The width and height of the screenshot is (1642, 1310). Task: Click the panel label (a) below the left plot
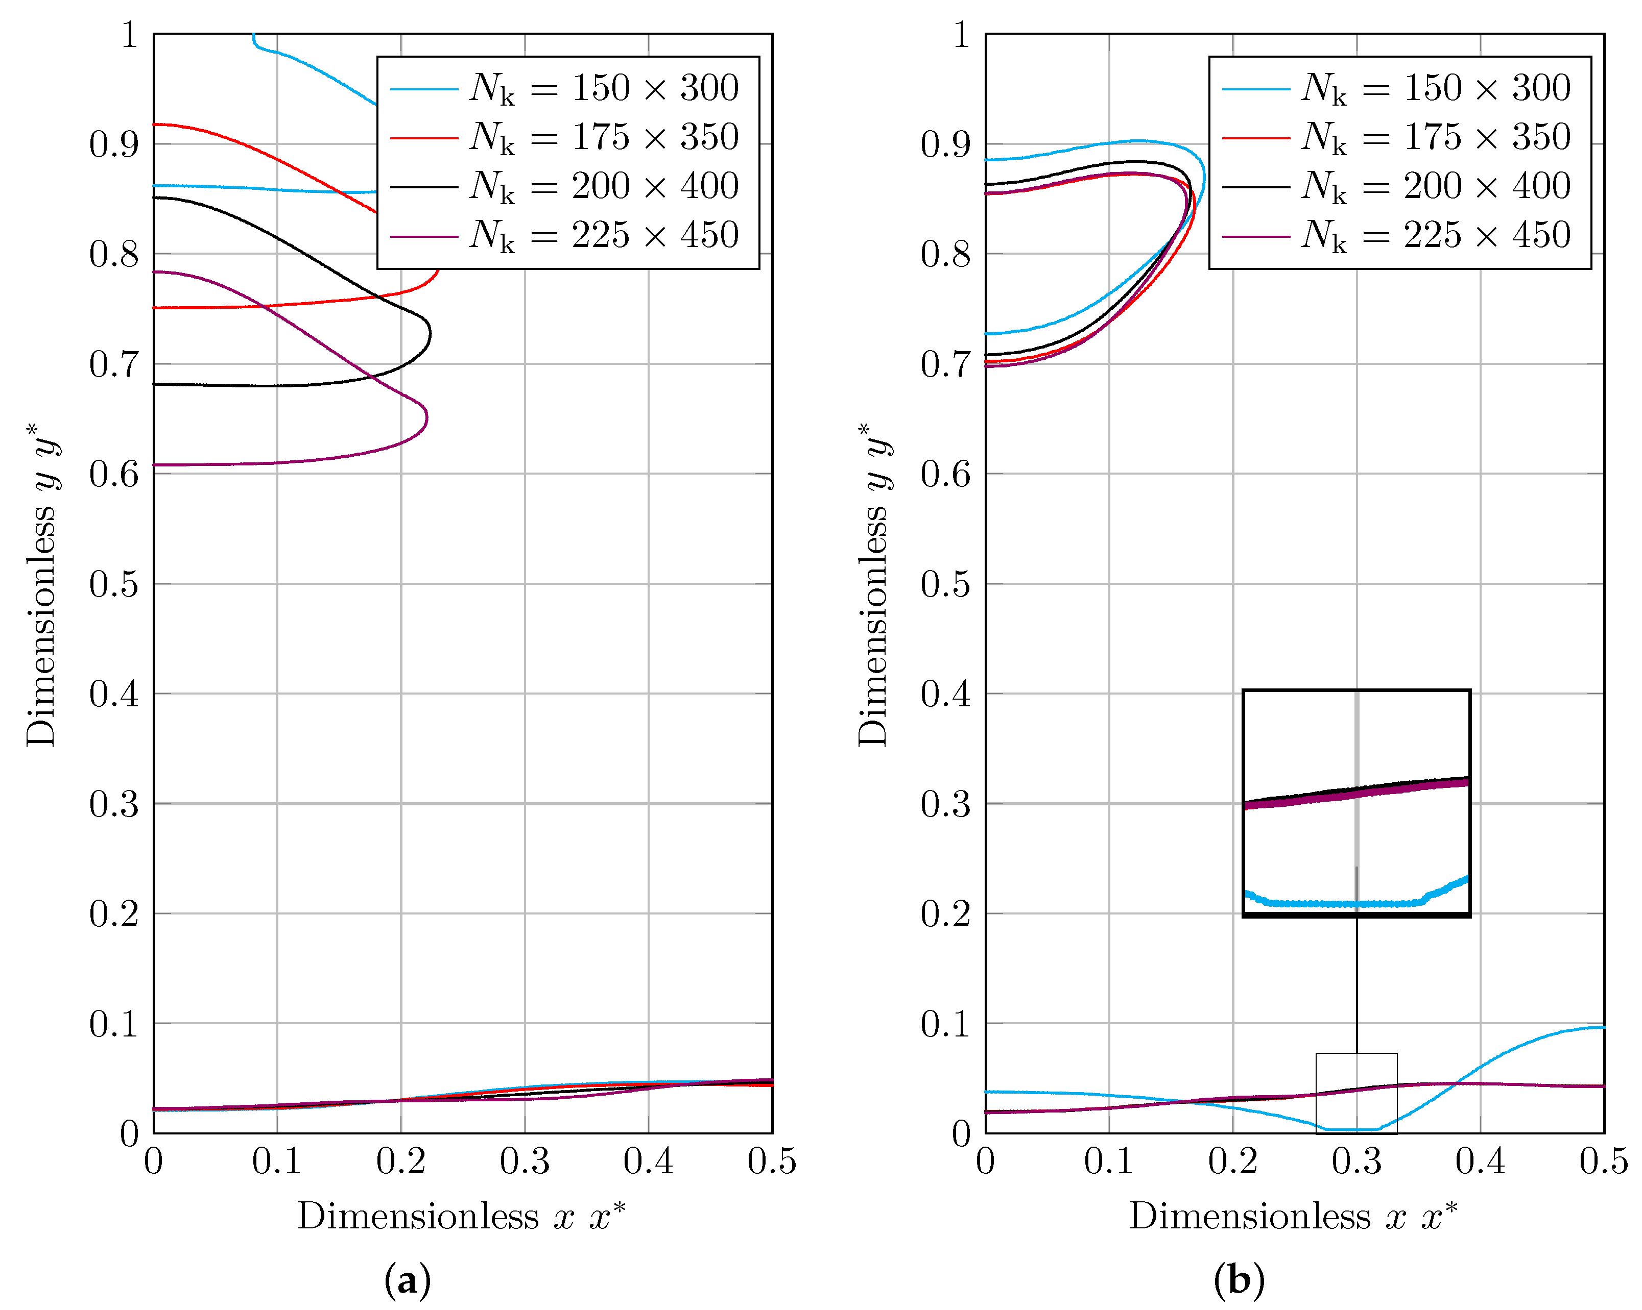408,1281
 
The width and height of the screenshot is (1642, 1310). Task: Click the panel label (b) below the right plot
1239,1281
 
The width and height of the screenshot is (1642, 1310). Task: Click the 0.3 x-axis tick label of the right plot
1357,1161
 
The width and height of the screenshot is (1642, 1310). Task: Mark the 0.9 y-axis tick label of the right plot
945,144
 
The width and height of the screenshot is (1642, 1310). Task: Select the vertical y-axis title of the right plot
873,585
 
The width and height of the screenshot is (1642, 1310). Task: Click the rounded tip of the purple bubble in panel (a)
426,416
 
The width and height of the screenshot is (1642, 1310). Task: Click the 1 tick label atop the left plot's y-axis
130,35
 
